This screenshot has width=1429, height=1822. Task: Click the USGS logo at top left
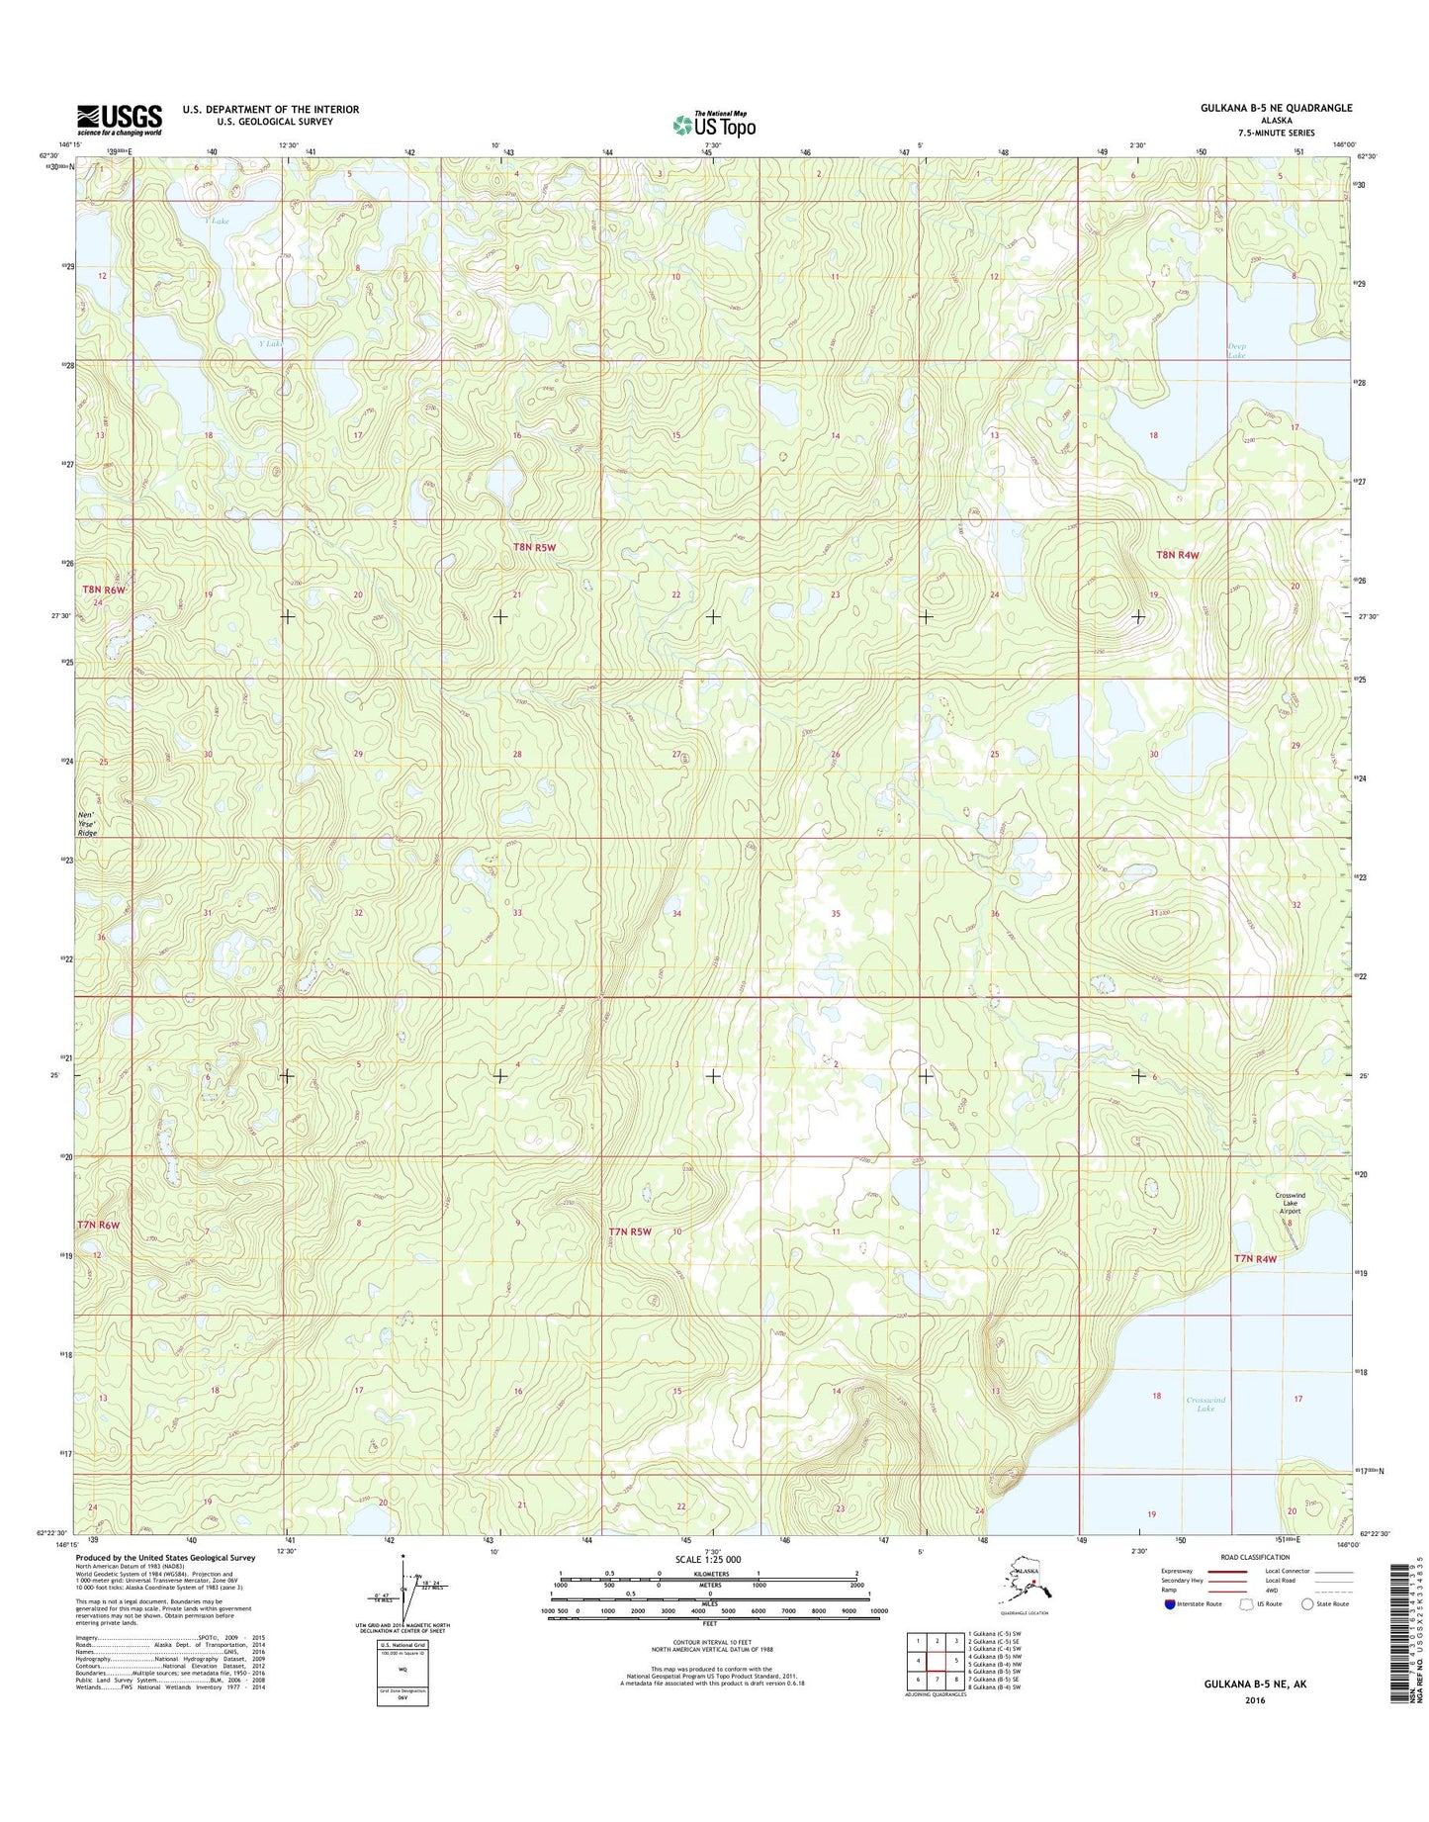coord(120,120)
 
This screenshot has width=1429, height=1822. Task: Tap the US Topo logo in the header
coord(714,125)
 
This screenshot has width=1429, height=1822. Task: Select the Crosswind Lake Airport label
coord(1290,1203)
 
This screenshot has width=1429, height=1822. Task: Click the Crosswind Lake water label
coord(1206,1404)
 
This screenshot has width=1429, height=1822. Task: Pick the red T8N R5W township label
coord(534,547)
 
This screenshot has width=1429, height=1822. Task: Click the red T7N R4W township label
coord(1255,1258)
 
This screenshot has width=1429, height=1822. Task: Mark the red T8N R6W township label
coord(104,591)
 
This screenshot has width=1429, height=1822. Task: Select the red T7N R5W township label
coord(630,1231)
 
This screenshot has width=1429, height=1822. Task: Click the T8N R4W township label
coord(1177,555)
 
